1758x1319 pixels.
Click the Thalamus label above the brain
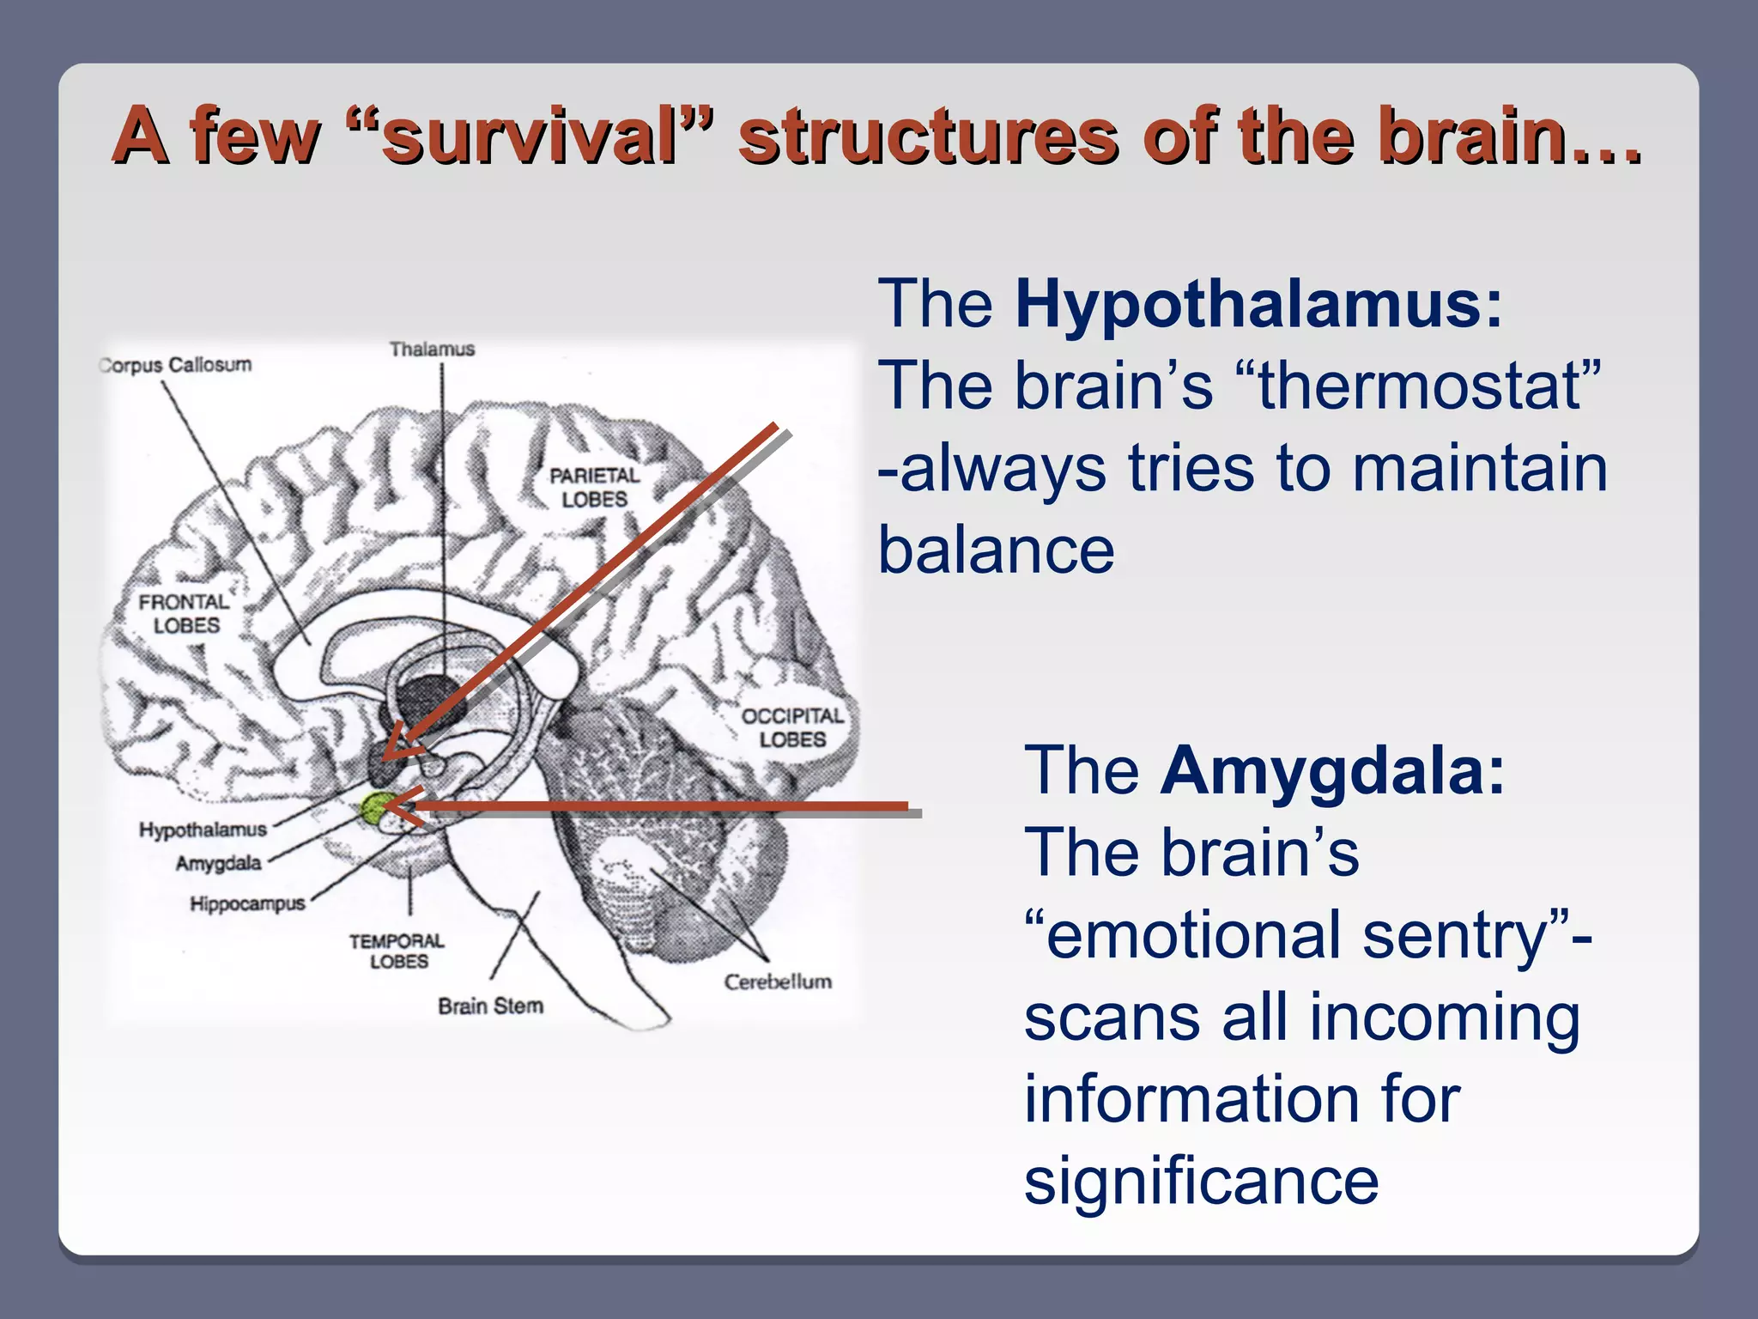(432, 350)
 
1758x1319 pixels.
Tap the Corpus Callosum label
(176, 365)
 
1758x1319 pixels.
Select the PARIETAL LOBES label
(595, 487)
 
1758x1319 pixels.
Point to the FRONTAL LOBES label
(184, 613)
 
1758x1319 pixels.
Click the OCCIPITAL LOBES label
(792, 727)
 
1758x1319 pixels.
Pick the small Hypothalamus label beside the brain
(203, 830)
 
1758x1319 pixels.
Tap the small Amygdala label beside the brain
(218, 863)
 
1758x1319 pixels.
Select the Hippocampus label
(247, 903)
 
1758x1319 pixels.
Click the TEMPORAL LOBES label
(397, 951)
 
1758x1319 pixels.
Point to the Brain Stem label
(490, 1006)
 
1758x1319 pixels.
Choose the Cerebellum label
(778, 982)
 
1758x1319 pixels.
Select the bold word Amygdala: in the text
(1332, 770)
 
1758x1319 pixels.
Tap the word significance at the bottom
(1201, 1181)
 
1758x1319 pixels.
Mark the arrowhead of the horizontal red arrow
(399, 805)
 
